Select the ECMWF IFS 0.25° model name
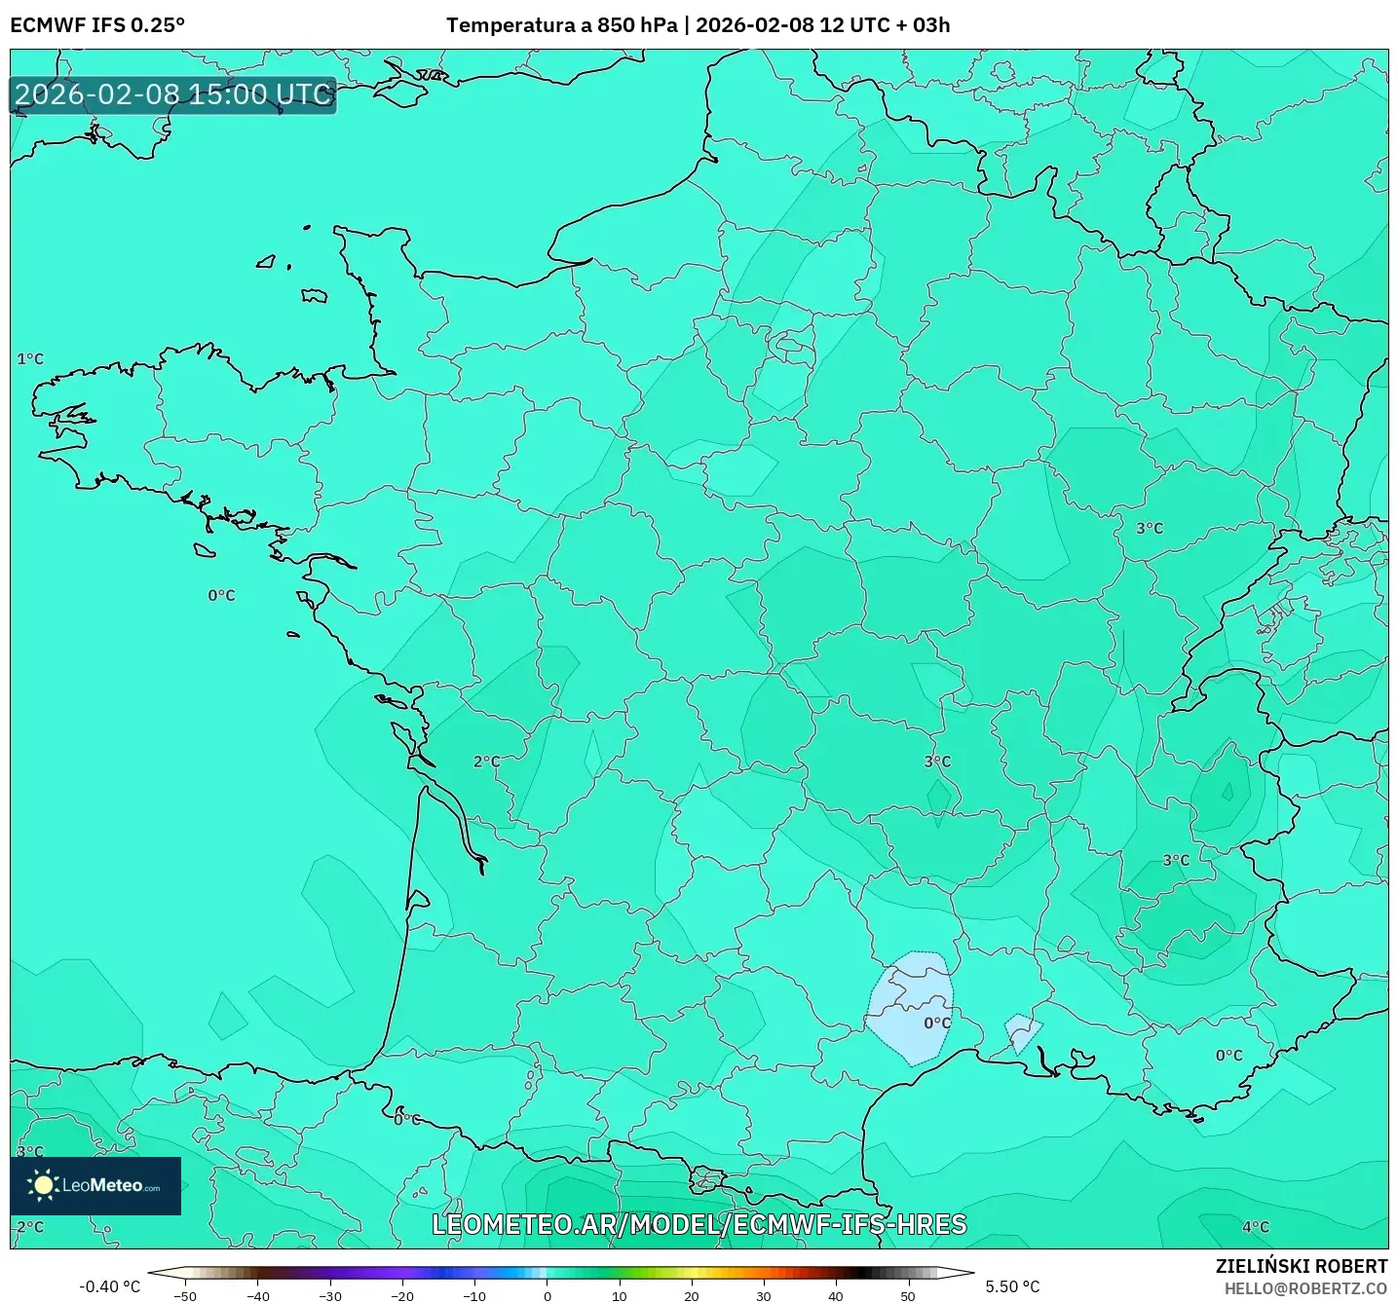pyautogui.click(x=97, y=25)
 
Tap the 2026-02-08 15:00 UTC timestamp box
pyautogui.click(x=173, y=95)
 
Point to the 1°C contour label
pyautogui.click(x=30, y=359)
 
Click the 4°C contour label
pyautogui.click(x=1256, y=1227)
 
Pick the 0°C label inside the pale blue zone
pyautogui.click(x=937, y=1024)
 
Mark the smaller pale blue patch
pyautogui.click(x=1022, y=1030)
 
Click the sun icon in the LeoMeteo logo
pyautogui.click(x=43, y=1185)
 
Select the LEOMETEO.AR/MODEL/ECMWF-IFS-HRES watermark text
pyautogui.click(x=699, y=1224)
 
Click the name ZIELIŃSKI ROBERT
pyautogui.click(x=1301, y=1266)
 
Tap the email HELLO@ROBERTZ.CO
pyautogui.click(x=1305, y=1288)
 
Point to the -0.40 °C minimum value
pyautogui.click(x=109, y=1286)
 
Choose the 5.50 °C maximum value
pyautogui.click(x=1012, y=1286)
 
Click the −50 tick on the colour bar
pyautogui.click(x=184, y=1296)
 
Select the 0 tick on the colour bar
pyautogui.click(x=547, y=1296)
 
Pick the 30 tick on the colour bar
pyautogui.click(x=763, y=1296)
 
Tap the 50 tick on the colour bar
pyautogui.click(x=907, y=1296)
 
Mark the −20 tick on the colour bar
pyautogui.click(x=401, y=1296)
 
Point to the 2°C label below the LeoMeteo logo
pyautogui.click(x=30, y=1227)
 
